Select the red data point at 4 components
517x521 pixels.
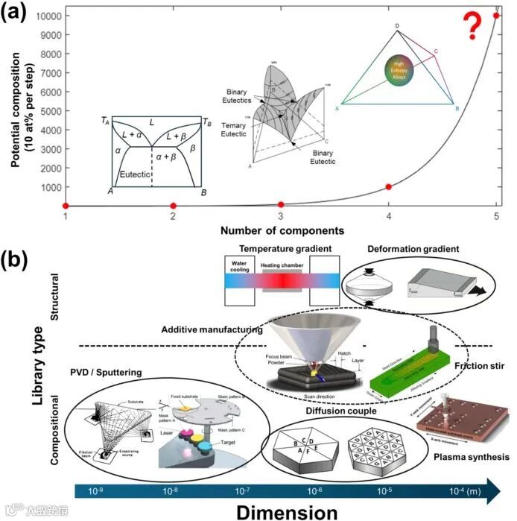pyautogui.click(x=388, y=186)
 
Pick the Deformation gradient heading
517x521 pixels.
pyautogui.click(x=412, y=248)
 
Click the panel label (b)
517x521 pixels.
pyautogui.click(x=21, y=260)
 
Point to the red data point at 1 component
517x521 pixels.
pyautogui.click(x=66, y=206)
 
